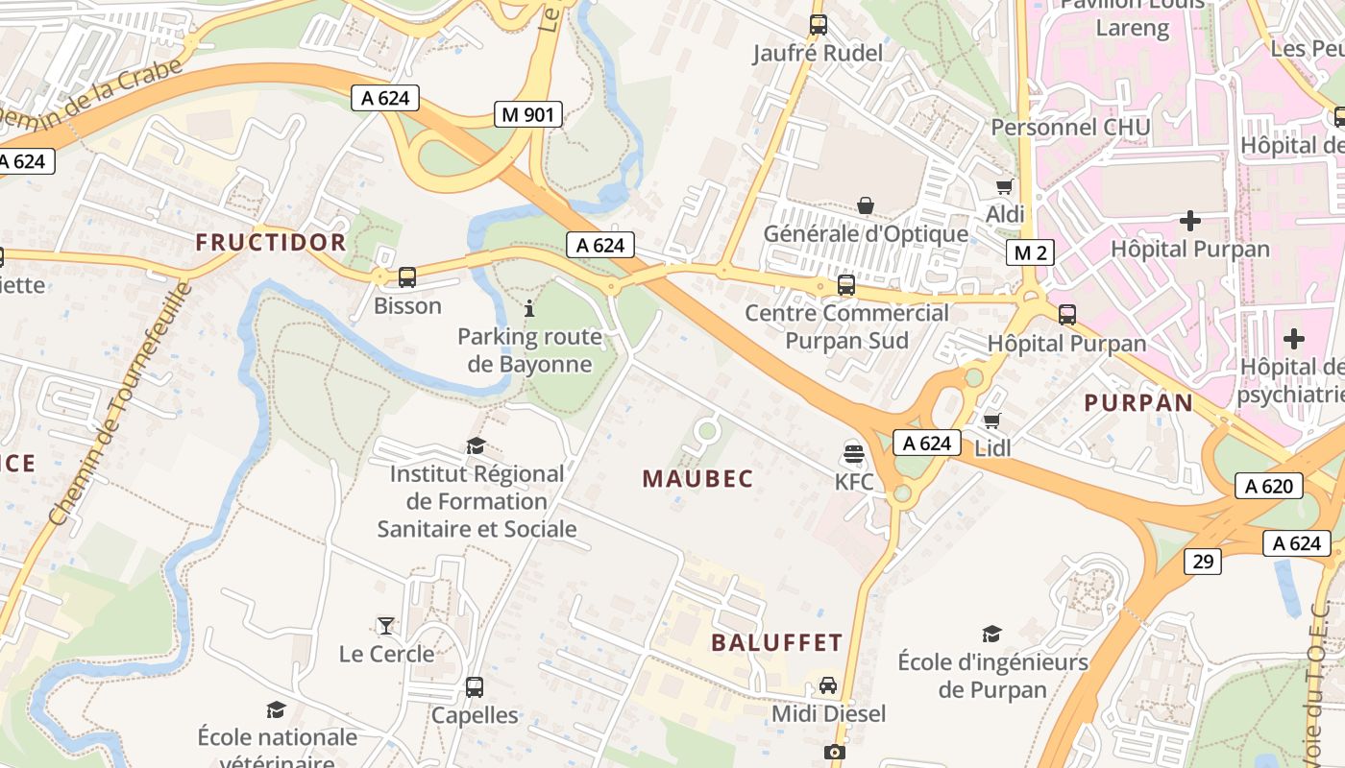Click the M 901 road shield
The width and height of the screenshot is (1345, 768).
527,114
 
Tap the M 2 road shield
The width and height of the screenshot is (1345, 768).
1030,252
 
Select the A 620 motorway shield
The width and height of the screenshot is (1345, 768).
1268,486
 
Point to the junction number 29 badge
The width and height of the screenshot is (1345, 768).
1204,561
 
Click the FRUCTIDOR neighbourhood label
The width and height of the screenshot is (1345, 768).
271,242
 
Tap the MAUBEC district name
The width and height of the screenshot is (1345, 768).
697,478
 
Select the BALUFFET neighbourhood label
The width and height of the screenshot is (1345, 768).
776,642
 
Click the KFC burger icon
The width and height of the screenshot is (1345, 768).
852,452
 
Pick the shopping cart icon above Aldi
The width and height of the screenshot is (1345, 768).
1005,186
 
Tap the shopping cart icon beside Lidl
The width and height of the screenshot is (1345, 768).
992,420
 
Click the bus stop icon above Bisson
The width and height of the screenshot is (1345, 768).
407,277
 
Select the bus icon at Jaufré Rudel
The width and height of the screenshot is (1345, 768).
818,25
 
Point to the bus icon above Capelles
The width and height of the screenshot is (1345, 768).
475,686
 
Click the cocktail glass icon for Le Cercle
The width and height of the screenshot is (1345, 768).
386,625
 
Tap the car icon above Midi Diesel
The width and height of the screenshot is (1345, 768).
828,685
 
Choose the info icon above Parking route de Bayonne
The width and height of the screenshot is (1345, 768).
529,308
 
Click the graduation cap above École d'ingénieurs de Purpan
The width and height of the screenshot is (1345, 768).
992,634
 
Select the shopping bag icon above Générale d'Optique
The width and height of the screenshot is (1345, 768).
866,204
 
